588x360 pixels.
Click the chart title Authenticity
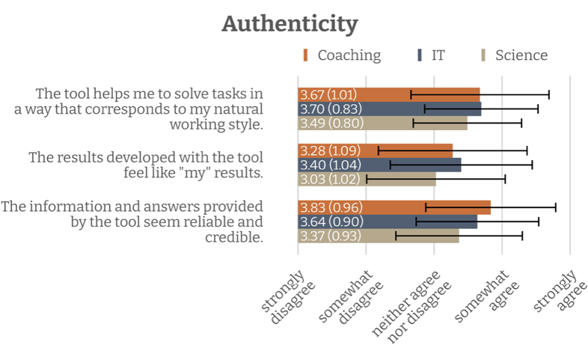[x=290, y=23]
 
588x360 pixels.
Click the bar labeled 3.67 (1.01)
[x=388, y=94]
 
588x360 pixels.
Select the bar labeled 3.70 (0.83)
[x=389, y=109]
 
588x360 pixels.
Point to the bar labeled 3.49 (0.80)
[x=382, y=123]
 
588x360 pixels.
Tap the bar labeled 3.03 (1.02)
[x=367, y=180]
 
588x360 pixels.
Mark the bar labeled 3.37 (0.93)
[x=379, y=236]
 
